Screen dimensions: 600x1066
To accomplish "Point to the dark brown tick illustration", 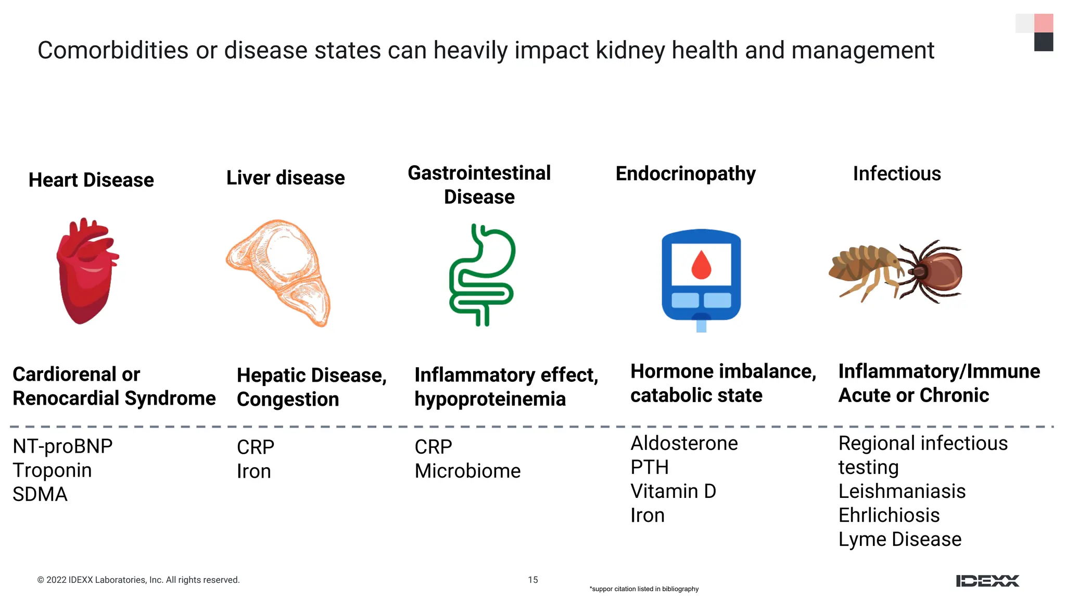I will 934,271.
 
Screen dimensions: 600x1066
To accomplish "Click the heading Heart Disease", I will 91,180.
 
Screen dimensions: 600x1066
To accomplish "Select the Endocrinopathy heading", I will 686,173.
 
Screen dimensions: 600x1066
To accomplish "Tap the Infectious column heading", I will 897,173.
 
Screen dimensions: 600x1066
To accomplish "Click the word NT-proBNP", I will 62,446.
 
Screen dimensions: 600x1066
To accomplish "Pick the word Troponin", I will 52,470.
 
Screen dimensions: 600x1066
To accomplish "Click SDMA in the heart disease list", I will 40,494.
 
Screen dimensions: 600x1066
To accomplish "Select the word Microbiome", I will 467,471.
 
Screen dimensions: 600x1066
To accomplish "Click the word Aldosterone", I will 684,443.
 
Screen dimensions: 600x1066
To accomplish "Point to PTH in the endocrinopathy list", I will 649,467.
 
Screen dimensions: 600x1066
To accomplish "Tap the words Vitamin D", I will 673,491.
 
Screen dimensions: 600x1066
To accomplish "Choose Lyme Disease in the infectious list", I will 899,539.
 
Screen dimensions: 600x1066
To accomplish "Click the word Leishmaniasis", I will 902,491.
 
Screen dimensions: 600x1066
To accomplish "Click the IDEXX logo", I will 987,581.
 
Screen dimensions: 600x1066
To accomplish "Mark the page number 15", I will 532,580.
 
